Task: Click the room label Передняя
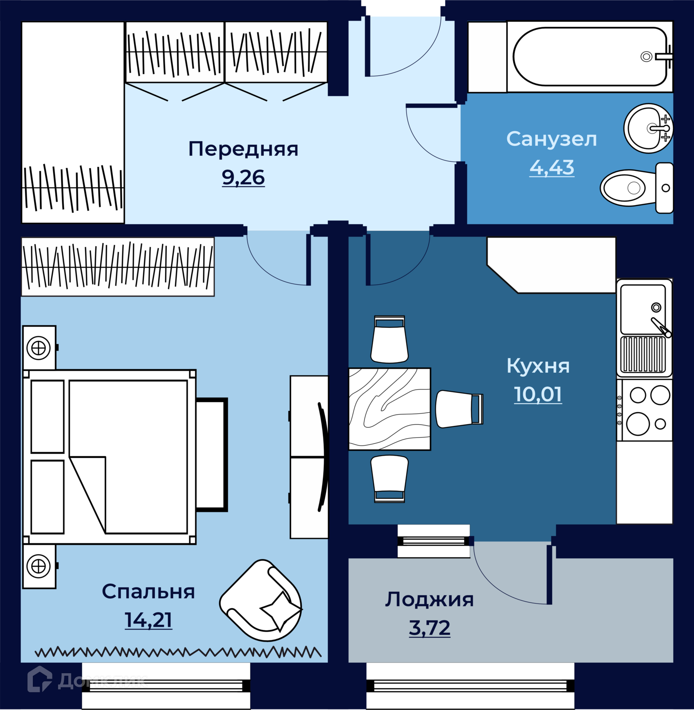coord(243,150)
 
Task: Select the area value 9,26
coord(243,177)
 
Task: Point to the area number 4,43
coord(552,167)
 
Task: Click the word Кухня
coord(538,366)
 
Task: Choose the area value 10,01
coord(538,394)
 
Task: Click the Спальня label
coord(148,592)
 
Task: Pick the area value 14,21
coord(148,620)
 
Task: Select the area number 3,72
coord(430,627)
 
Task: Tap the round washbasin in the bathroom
coord(648,128)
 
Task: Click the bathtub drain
coord(646,57)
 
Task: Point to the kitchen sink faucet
coord(661,327)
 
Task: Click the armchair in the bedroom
coord(261,600)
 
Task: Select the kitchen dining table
coord(390,409)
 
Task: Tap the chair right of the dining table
coord(459,409)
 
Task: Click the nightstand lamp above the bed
coord(39,347)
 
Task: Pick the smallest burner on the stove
coord(660,424)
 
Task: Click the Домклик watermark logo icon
coord(40,679)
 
